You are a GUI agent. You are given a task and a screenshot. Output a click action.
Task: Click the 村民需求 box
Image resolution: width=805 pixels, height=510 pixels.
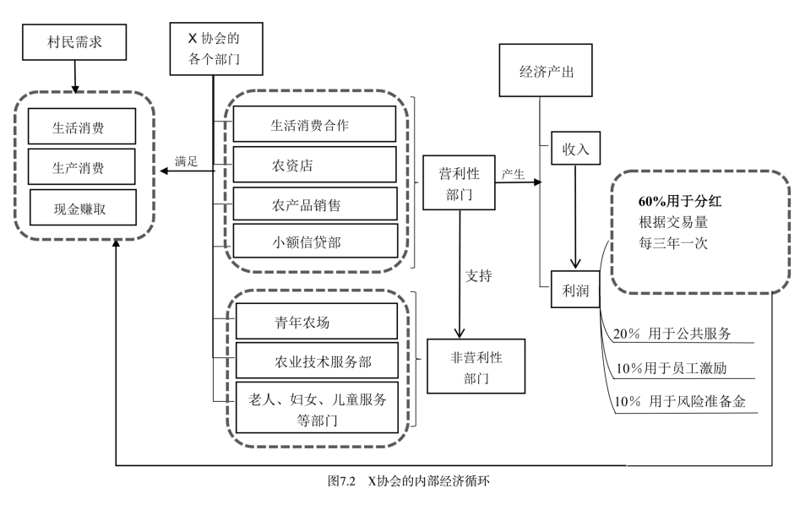tap(74, 41)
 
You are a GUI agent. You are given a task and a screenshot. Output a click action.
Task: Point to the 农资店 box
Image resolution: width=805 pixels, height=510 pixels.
tap(313, 165)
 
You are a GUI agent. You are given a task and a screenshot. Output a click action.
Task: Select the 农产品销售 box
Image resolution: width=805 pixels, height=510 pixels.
tap(313, 204)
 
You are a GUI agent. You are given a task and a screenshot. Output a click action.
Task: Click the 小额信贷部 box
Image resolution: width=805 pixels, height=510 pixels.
tap(313, 242)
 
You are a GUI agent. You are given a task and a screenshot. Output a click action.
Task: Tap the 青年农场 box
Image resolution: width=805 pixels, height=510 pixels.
tap(315, 322)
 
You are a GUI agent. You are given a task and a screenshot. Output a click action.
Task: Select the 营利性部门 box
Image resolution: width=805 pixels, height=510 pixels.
tap(459, 183)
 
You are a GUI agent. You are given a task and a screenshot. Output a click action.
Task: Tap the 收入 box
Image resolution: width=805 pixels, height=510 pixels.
tap(575, 149)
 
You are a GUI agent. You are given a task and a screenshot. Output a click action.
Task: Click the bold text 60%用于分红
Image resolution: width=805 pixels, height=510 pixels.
tap(680, 202)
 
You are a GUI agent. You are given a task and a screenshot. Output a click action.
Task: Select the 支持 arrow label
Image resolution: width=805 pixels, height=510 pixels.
tap(479, 275)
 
